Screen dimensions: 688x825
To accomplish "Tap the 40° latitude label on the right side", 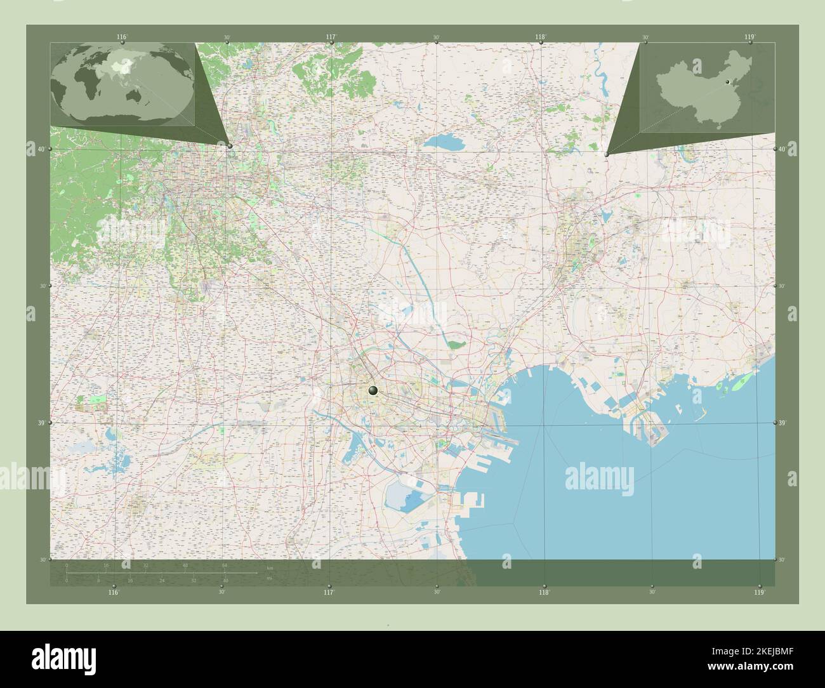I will click(782, 149).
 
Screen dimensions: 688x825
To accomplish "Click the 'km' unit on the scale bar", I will click(270, 567).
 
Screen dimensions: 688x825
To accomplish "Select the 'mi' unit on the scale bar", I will click(269, 578).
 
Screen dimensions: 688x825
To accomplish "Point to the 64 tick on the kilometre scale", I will click(225, 565).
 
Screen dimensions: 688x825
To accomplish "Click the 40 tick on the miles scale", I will click(225, 580).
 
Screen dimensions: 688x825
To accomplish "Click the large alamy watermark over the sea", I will click(599, 474).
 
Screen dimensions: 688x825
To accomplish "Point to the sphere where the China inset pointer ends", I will click(607, 154).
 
